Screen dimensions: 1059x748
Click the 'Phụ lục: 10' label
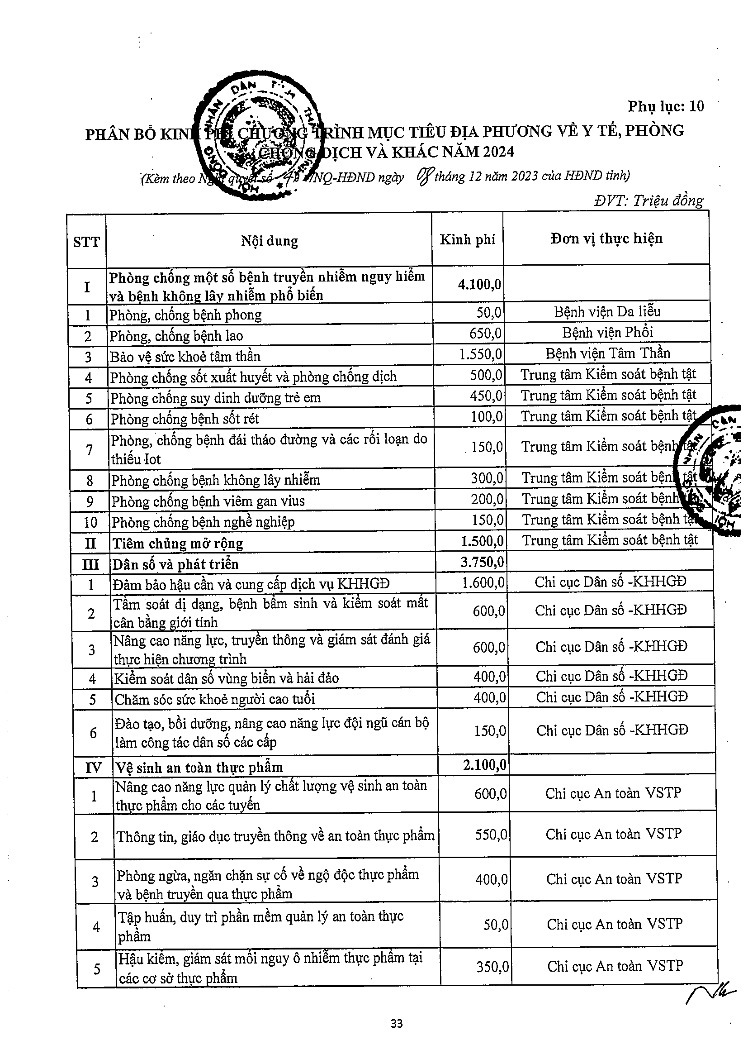pyautogui.click(x=666, y=106)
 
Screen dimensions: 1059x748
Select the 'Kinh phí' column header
pyautogui.click(x=467, y=239)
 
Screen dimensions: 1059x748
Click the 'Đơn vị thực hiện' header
pyautogui.click(x=606, y=239)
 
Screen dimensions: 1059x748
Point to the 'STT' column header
pyautogui.click(x=86, y=242)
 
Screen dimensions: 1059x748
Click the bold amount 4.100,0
pyautogui.click(x=479, y=284)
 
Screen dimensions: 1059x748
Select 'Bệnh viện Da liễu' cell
pyautogui.click(x=607, y=312)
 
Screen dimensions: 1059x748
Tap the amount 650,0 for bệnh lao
pyautogui.click(x=485, y=334)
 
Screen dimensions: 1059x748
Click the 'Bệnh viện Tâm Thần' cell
pyautogui.click(x=607, y=353)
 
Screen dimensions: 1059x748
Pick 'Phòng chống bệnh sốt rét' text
pyautogui.click(x=185, y=419)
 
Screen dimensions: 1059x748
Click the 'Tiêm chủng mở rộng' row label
pyautogui.click(x=178, y=544)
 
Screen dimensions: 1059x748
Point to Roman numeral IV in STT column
pyautogui.click(x=93, y=768)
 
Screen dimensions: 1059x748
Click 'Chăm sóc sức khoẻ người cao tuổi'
pyautogui.click(x=215, y=699)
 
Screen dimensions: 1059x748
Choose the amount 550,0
pyautogui.click(x=491, y=835)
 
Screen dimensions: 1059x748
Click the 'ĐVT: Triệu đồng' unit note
pyautogui.click(x=649, y=200)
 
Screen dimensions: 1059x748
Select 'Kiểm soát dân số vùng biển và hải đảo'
pyautogui.click(x=226, y=678)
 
